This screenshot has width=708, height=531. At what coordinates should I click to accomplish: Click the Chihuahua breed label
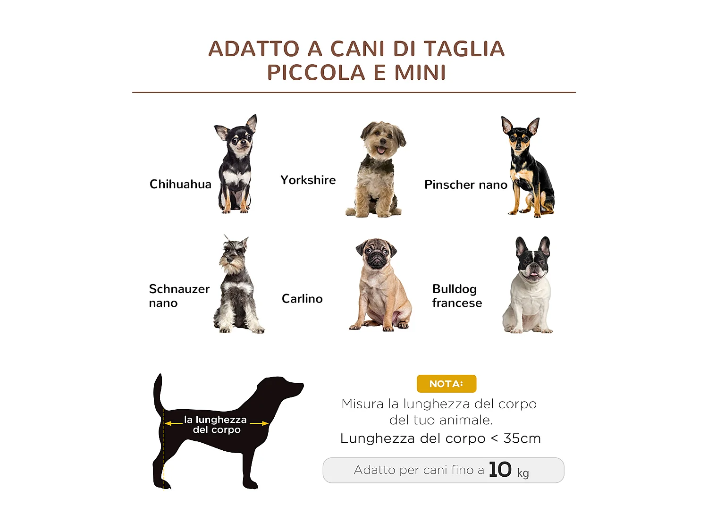tap(180, 184)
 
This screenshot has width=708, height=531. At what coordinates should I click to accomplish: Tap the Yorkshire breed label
tap(308, 180)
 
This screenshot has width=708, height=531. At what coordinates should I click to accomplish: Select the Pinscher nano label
tap(465, 185)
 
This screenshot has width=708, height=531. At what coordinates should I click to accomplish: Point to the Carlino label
tap(302, 299)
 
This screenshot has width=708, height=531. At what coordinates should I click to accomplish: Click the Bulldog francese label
tap(456, 296)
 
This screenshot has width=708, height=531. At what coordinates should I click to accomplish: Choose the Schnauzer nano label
tap(179, 296)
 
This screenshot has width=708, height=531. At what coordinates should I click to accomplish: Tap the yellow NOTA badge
tap(446, 384)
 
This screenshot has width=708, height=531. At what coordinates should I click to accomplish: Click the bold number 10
tap(500, 470)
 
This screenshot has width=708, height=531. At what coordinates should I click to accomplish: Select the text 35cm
tap(522, 438)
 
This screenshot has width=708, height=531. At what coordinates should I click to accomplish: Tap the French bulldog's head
tap(533, 260)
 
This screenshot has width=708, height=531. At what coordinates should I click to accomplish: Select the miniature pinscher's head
tap(519, 137)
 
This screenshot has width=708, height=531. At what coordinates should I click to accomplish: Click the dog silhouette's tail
tap(158, 392)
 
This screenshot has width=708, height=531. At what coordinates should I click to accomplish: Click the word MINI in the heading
tap(420, 73)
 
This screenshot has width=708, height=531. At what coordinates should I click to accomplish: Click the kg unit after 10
tap(523, 472)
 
